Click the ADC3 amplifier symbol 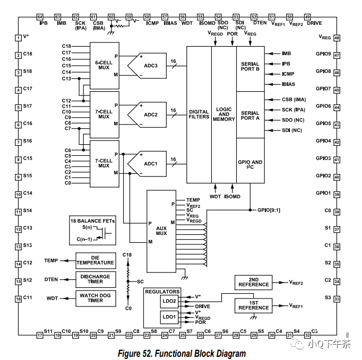click(x=150, y=65)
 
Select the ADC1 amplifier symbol click(x=150, y=163)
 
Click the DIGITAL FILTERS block click(x=199, y=115)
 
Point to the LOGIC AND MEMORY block click(x=223, y=115)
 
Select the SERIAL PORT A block click(x=250, y=115)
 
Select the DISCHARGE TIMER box click(x=95, y=279)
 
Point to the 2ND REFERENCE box click(x=253, y=283)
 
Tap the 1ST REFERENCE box click(x=253, y=305)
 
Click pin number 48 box click(x=337, y=38)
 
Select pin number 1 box click(x=18, y=38)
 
